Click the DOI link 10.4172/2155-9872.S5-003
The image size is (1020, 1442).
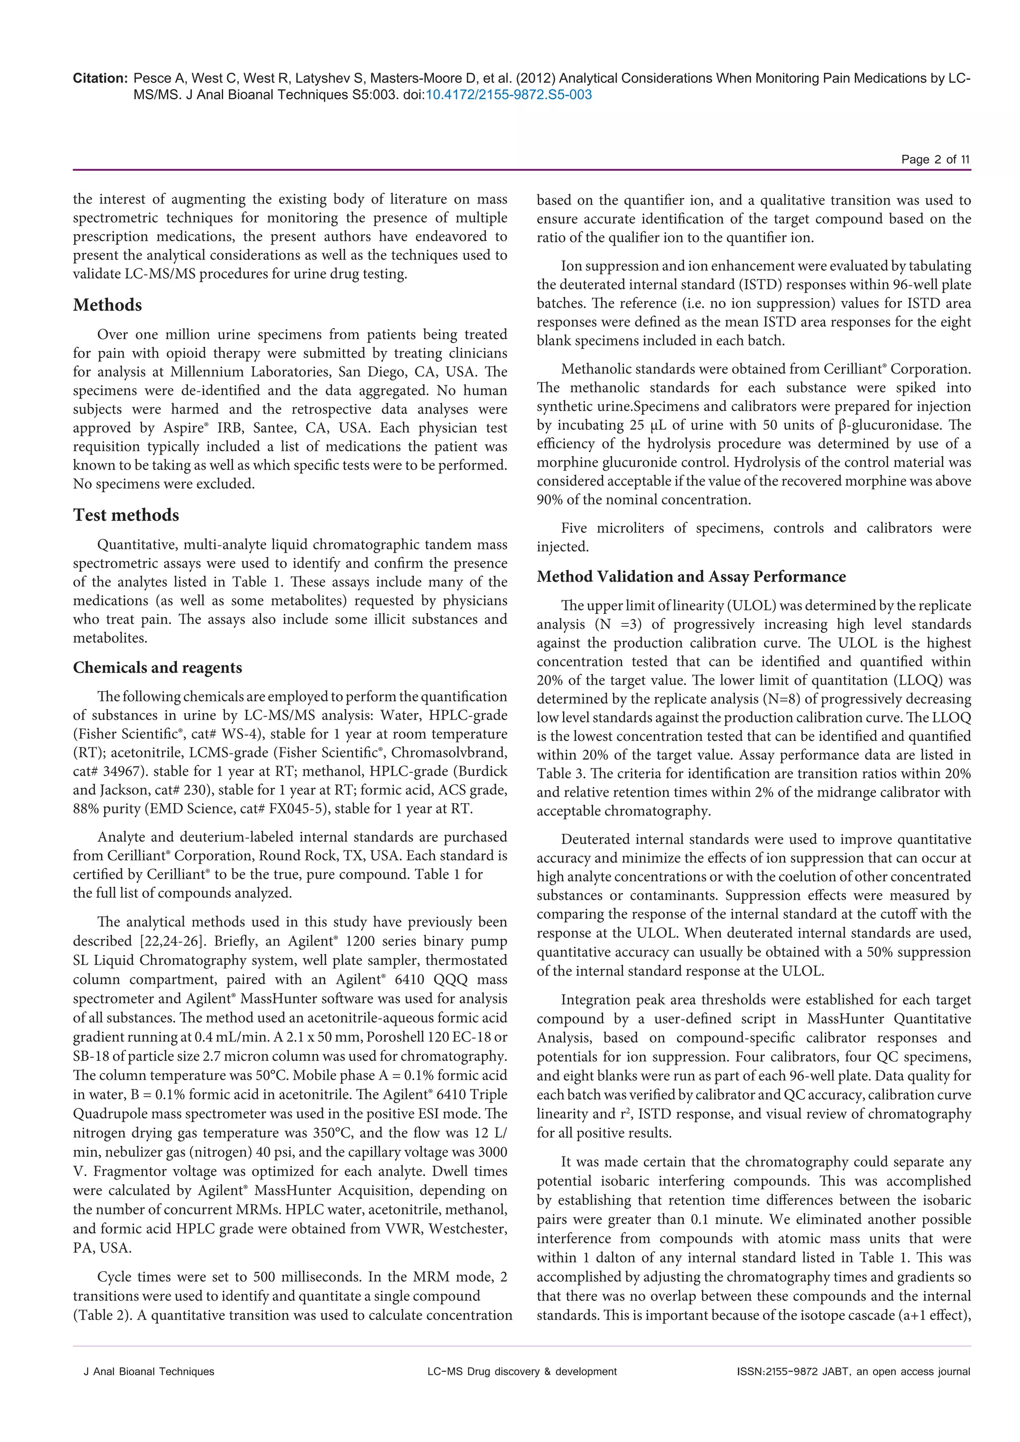(509, 95)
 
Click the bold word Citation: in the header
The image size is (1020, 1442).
(101, 79)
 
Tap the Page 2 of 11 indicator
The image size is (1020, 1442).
(935, 159)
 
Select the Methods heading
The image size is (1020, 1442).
(108, 305)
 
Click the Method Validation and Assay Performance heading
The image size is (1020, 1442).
(691, 577)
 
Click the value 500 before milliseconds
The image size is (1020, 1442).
(267, 1278)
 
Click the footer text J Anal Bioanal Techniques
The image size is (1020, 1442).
(149, 1372)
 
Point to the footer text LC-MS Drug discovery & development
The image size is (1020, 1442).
(522, 1372)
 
